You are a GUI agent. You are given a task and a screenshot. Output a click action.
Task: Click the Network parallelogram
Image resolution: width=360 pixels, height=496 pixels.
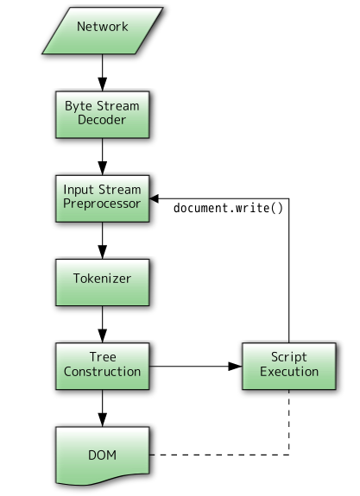click(103, 30)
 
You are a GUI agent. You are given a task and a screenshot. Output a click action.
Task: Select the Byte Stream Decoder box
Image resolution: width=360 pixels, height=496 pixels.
click(103, 115)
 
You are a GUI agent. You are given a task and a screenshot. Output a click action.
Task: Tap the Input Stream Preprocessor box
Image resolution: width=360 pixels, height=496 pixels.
click(103, 198)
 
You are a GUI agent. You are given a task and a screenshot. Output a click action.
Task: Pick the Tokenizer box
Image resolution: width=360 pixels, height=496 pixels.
click(103, 282)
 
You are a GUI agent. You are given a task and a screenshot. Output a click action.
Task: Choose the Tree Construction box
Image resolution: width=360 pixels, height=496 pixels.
click(103, 367)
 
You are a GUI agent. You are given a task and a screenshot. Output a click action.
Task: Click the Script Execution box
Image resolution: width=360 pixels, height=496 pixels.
click(289, 367)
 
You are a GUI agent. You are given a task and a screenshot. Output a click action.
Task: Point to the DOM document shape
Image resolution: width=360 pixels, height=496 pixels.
click(103, 455)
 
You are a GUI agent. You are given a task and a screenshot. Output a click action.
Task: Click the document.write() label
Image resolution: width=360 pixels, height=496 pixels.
click(228, 209)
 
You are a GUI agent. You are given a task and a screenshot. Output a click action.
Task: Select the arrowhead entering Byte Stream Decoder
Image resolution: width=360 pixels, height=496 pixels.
click(102, 84)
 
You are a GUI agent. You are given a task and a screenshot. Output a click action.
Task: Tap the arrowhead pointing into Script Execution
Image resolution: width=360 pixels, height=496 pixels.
click(235, 367)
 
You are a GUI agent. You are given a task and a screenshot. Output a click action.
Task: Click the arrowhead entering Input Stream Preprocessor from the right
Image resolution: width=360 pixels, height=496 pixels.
click(155, 198)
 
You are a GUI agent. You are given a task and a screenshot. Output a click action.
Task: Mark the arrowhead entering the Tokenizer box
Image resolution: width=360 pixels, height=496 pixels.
click(102, 252)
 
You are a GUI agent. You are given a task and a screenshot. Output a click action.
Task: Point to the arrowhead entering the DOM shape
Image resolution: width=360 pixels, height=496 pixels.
click(102, 419)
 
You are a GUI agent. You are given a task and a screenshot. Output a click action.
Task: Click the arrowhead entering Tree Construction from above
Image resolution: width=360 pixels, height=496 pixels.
click(102, 336)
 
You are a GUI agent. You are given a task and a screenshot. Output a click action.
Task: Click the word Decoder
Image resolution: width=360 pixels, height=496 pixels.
click(102, 120)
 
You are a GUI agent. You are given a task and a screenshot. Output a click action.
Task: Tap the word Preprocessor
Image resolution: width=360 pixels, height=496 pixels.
click(102, 204)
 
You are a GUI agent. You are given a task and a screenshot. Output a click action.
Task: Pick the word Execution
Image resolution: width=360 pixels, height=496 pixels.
click(289, 372)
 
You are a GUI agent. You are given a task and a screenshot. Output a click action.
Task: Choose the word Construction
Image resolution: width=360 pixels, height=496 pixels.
click(102, 372)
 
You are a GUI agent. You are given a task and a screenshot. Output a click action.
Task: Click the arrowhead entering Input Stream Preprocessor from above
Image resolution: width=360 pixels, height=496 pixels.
click(102, 167)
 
